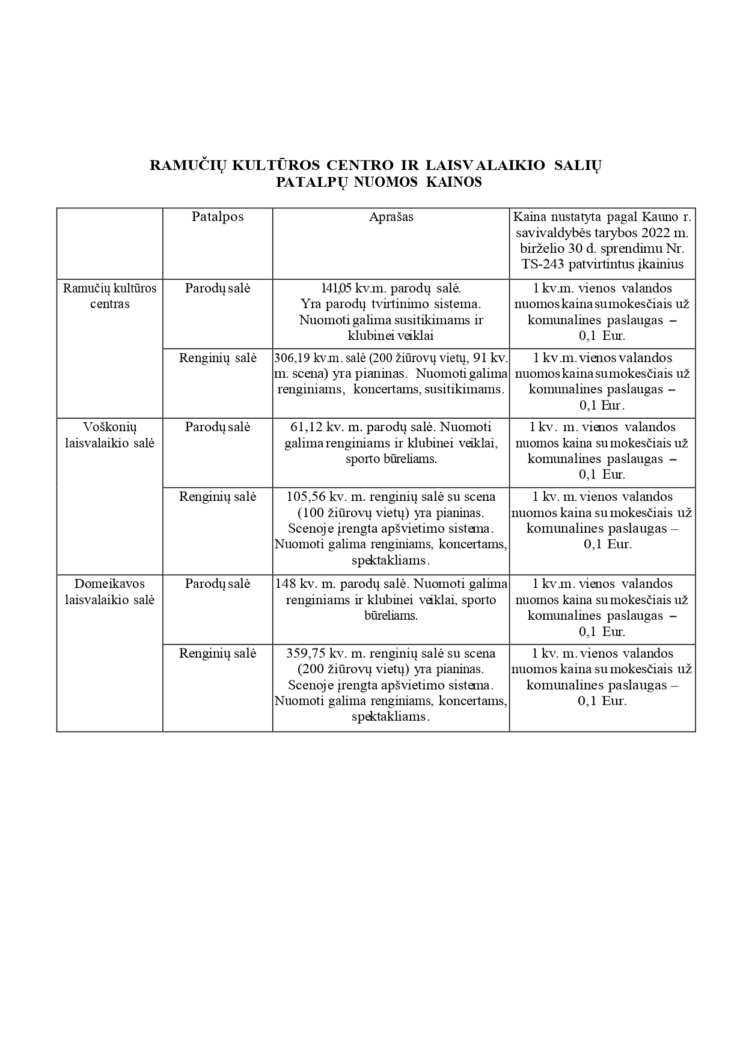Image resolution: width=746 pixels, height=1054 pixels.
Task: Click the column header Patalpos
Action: tap(218, 217)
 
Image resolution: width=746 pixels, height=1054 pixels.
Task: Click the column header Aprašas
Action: tap(391, 217)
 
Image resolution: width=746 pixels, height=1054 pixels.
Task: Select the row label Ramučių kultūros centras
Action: tap(110, 295)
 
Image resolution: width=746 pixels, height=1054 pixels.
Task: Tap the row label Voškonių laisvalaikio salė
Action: tap(110, 435)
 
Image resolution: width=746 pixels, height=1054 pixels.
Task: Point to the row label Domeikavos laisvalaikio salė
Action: tap(110, 591)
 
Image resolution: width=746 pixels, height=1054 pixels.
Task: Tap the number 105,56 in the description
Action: tap(307, 497)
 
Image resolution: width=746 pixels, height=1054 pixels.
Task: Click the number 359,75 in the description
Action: tap(307, 653)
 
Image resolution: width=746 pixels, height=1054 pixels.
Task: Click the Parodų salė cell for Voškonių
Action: tap(218, 427)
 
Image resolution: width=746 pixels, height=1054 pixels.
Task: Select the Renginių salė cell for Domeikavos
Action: tap(218, 653)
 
